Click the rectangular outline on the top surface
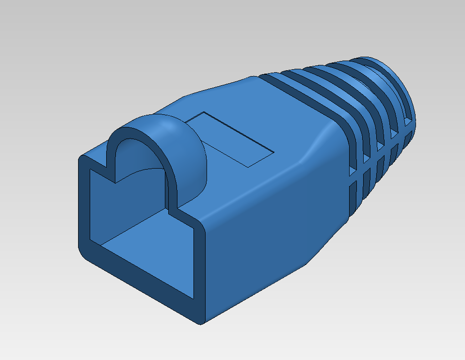(x=230, y=139)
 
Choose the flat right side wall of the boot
(x=272, y=228)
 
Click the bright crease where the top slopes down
(x=310, y=150)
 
